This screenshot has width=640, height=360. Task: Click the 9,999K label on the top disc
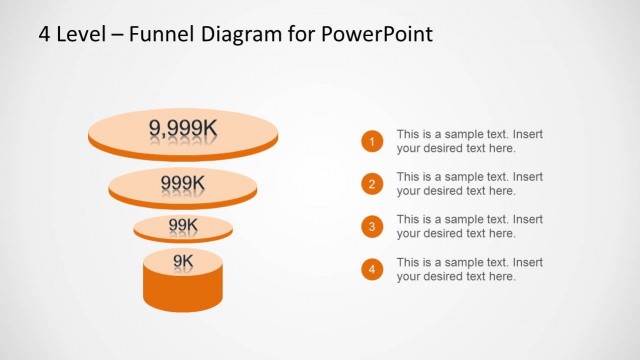[x=183, y=127]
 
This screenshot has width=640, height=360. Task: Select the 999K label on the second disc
[x=183, y=182]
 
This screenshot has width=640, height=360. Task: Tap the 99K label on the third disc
[x=183, y=225]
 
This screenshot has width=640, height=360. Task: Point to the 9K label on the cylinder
[x=183, y=261]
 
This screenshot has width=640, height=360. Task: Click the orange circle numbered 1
[x=372, y=141]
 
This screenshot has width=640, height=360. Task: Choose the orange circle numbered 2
[x=372, y=184]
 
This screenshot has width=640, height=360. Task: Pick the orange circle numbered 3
[x=372, y=227]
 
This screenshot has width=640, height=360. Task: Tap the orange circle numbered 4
[x=372, y=270]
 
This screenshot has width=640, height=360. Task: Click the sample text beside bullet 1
[x=469, y=141]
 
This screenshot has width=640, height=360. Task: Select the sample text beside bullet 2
[x=469, y=184]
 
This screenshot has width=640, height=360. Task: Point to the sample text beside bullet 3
[x=469, y=226]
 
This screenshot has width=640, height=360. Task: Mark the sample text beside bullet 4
[x=469, y=269]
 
